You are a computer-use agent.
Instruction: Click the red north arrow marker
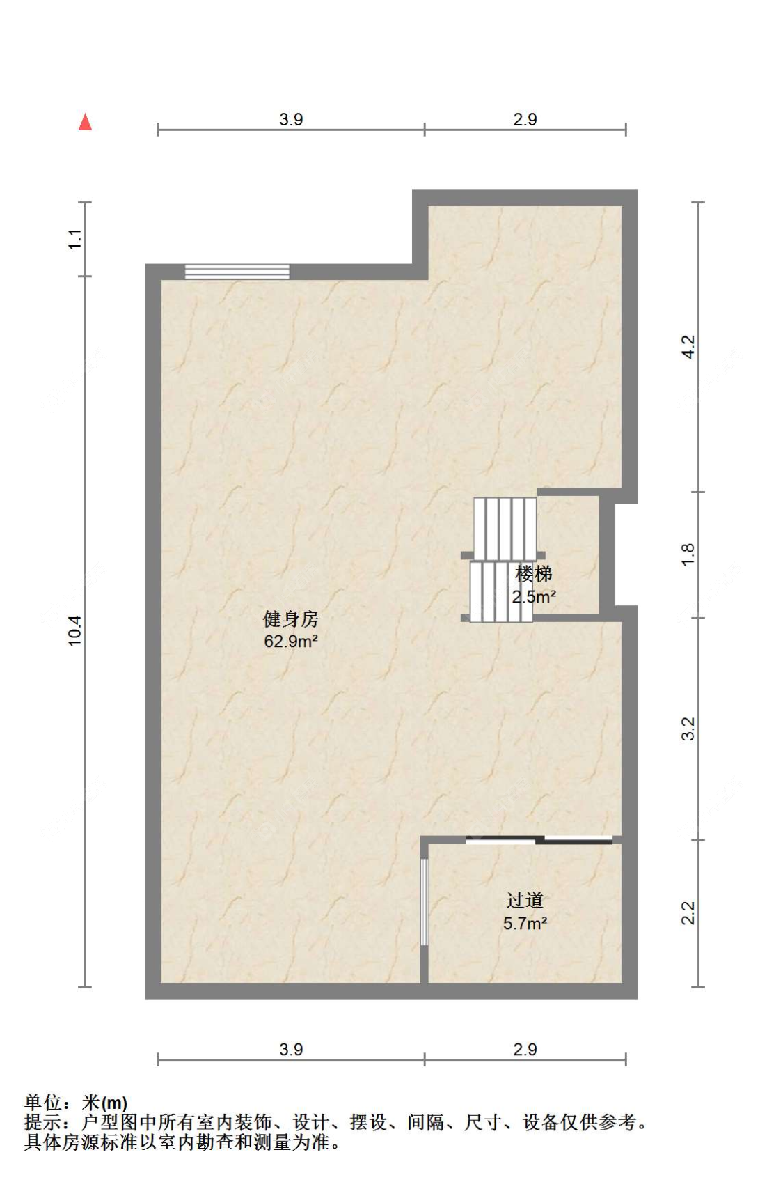tap(85, 122)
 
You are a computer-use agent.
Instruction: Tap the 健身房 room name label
tap(290, 618)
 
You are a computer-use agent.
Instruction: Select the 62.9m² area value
tap(290, 641)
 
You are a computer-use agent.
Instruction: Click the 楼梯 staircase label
tap(534, 574)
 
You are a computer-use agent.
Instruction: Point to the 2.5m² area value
tap(534, 597)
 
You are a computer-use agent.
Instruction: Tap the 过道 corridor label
tap(524, 900)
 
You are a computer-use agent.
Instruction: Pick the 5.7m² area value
tap(525, 924)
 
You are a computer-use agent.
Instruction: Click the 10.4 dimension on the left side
tap(75, 630)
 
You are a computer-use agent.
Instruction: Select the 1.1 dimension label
tap(75, 239)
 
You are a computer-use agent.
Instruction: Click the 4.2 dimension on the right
tap(688, 346)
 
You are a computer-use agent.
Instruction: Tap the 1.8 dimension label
tap(688, 554)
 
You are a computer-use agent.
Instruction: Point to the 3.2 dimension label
tap(688, 728)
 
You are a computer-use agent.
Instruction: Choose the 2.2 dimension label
tap(688, 912)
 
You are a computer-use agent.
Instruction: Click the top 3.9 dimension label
tap(291, 119)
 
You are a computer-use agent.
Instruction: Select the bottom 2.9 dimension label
tap(525, 1049)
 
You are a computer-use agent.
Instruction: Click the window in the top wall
tap(237, 271)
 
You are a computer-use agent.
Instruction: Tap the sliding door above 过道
tap(539, 839)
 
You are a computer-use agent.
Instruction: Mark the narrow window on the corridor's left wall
tap(424, 901)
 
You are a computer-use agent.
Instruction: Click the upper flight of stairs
tap(505, 528)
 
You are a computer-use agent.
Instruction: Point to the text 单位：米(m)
tap(76, 1103)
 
